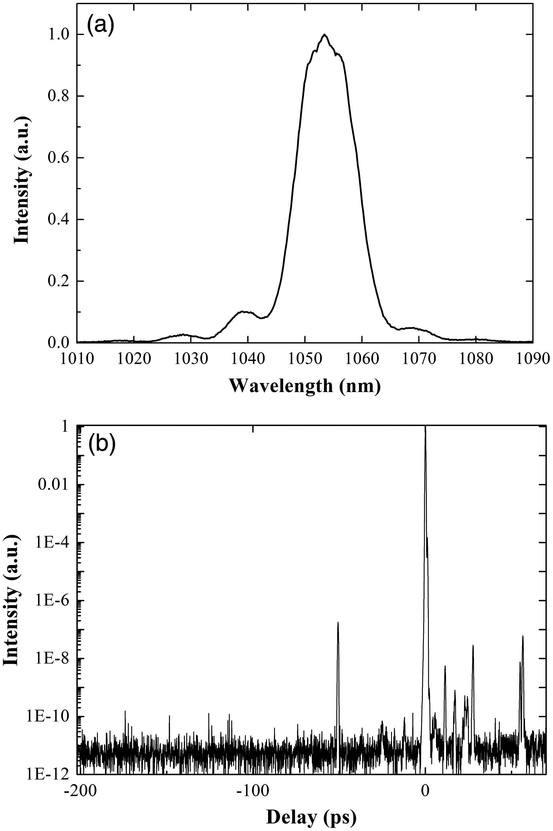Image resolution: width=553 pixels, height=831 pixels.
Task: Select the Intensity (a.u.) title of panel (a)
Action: [x=21, y=180]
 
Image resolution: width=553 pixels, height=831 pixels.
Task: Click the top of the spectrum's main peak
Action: [x=324, y=35]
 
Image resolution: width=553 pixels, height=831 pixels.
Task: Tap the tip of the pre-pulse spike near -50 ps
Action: [x=338, y=622]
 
